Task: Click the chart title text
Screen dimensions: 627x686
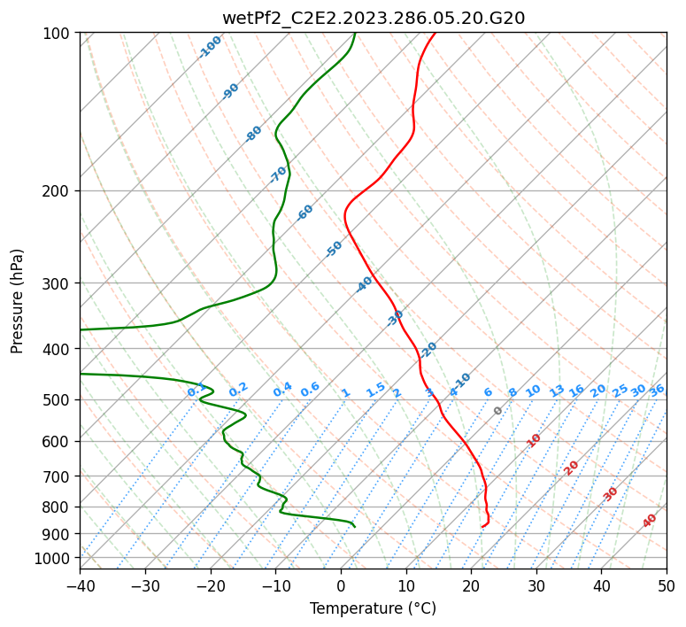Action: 373,18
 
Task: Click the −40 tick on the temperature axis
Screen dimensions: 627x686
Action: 80,585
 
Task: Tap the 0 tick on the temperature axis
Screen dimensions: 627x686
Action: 341,585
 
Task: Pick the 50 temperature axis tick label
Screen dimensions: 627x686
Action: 667,585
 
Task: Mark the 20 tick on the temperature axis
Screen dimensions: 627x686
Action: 471,585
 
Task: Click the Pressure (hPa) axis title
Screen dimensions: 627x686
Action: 19,301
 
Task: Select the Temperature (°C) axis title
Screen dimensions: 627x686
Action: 373,608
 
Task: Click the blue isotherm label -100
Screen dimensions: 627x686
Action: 210,47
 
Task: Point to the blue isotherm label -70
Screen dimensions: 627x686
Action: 278,174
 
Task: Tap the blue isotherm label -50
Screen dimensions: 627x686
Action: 334,249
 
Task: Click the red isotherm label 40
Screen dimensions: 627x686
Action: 650,521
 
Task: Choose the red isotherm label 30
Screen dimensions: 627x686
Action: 611,494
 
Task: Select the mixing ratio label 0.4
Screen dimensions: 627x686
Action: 282,390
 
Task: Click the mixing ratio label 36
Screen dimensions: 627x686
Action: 657,390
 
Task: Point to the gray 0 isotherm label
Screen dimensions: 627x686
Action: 498,411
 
